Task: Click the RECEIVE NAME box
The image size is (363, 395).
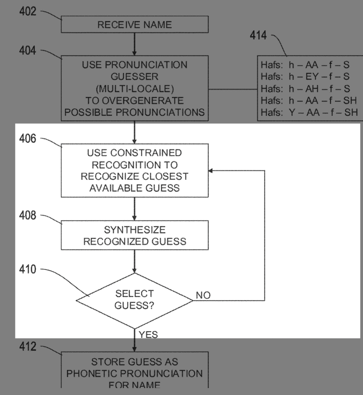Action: [134, 25]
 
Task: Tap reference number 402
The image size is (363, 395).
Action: [28, 12]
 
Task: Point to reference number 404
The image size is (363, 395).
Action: [28, 51]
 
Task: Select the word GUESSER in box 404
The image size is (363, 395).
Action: [134, 77]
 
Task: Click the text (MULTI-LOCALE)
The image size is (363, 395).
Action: [134, 89]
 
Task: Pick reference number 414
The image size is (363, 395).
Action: [258, 36]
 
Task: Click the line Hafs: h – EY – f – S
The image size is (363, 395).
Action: [305, 76]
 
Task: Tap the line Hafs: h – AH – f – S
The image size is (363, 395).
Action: [305, 88]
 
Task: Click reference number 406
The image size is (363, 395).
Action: [28, 138]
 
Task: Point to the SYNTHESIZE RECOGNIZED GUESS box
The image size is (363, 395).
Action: [134, 235]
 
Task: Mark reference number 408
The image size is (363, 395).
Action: [28, 215]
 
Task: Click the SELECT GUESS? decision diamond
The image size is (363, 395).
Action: [134, 300]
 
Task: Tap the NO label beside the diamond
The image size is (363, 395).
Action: [203, 296]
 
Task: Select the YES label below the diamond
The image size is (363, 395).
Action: [149, 334]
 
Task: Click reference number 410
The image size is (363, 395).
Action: [28, 269]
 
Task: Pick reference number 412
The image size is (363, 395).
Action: [28, 347]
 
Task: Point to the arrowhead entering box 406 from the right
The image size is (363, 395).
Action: [211, 170]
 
